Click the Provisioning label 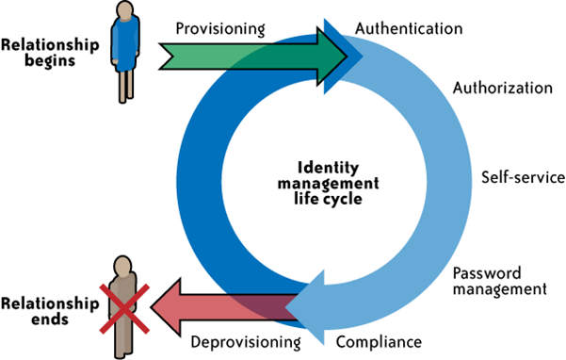point(220,29)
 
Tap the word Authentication point(409,28)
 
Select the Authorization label point(503,88)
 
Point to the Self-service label point(524,177)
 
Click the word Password point(487,273)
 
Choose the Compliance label point(379,342)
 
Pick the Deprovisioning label point(246,342)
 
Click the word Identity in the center point(328,168)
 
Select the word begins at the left point(50,60)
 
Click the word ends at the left point(50,319)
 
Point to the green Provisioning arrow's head point(332,57)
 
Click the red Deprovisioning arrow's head point(166,307)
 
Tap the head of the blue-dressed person point(125,9)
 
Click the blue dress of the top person point(125,43)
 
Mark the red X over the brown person point(124,309)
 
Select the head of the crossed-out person point(122,267)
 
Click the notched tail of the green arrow point(168,57)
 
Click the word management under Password point(500,289)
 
